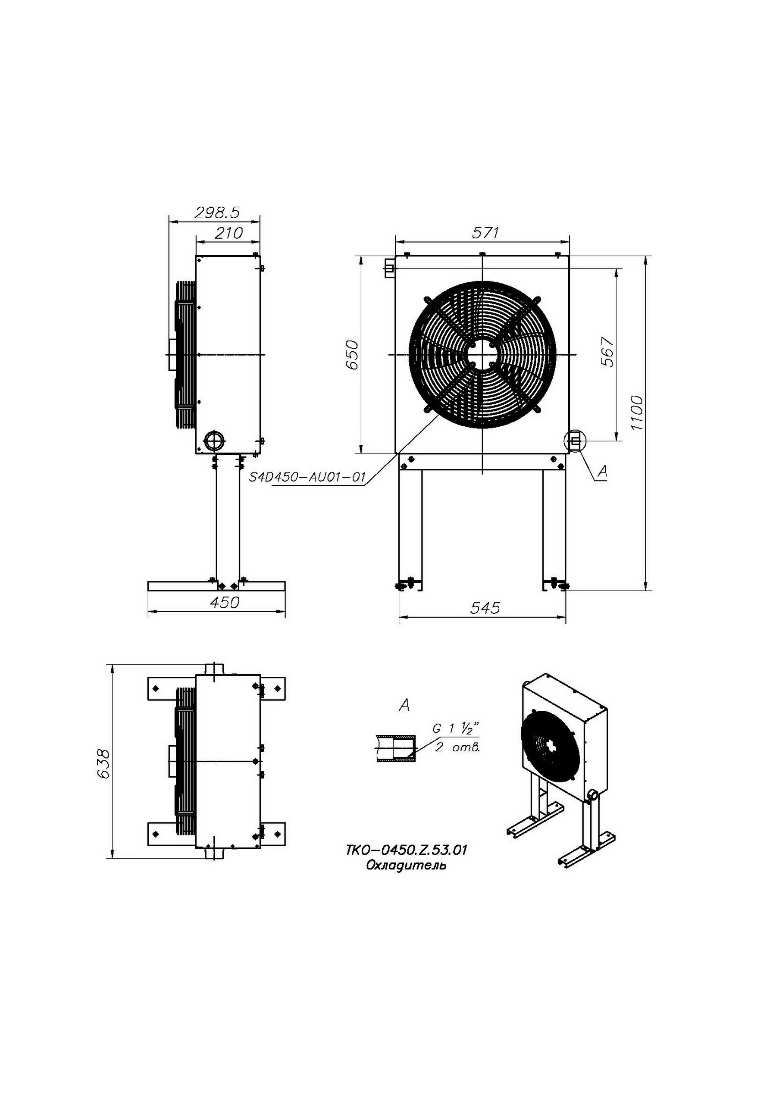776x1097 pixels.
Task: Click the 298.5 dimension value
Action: point(216,213)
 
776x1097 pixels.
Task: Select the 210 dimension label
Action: point(228,233)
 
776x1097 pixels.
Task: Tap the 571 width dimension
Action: point(485,233)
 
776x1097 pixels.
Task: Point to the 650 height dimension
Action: point(352,354)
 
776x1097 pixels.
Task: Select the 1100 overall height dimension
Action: point(636,413)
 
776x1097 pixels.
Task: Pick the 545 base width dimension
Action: point(485,608)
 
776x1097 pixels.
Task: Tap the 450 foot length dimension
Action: point(225,603)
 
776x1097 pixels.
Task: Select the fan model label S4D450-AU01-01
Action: point(308,477)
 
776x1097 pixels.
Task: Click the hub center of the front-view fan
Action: point(482,354)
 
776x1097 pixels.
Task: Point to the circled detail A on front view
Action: point(575,441)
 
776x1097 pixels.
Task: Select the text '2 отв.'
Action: point(457,748)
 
